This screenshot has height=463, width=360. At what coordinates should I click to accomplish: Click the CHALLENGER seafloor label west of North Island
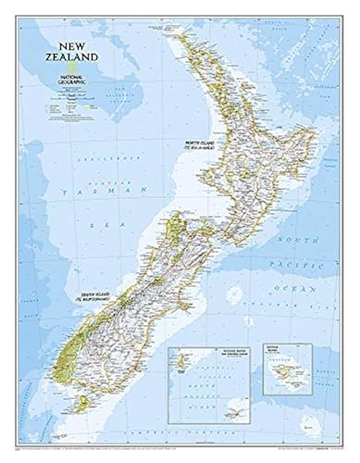pos(127,158)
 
